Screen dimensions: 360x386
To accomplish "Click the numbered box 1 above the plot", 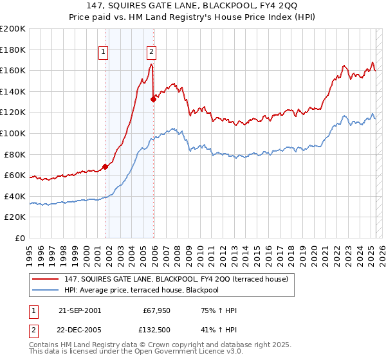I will [x=104, y=53].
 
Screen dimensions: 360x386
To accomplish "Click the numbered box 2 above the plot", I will [x=151, y=53].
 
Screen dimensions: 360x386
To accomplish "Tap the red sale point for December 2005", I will [x=153, y=99].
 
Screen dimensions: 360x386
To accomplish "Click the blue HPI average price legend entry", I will [x=142, y=290].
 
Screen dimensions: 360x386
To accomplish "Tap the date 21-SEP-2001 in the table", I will [x=79, y=310].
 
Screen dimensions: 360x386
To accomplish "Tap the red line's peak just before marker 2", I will [x=151, y=64].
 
